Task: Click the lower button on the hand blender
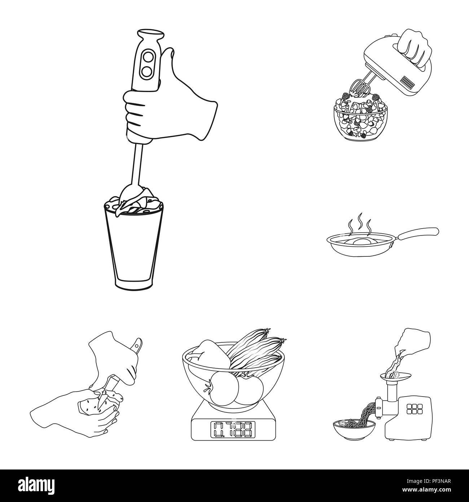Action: pos(147,72)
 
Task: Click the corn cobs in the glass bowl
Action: pos(258,349)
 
